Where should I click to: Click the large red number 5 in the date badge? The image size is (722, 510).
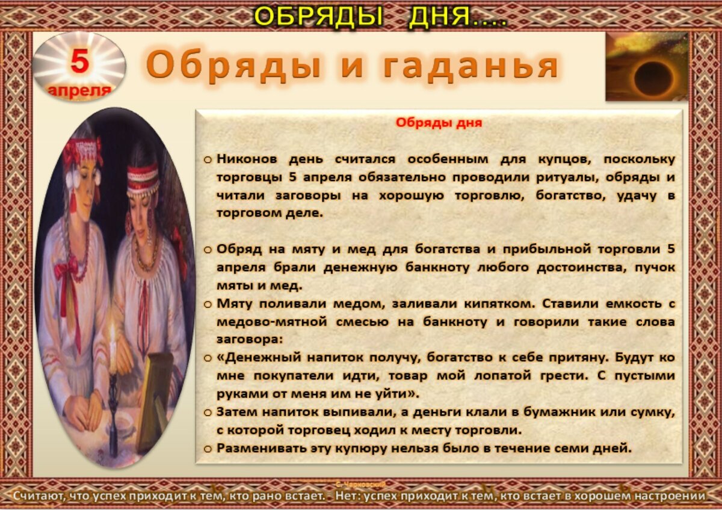(x=79, y=61)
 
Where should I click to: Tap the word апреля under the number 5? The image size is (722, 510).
(x=79, y=90)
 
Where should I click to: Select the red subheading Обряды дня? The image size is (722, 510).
(x=439, y=123)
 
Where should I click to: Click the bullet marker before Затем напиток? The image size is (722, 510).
(x=207, y=413)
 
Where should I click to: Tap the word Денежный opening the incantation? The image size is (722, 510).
(x=253, y=357)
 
